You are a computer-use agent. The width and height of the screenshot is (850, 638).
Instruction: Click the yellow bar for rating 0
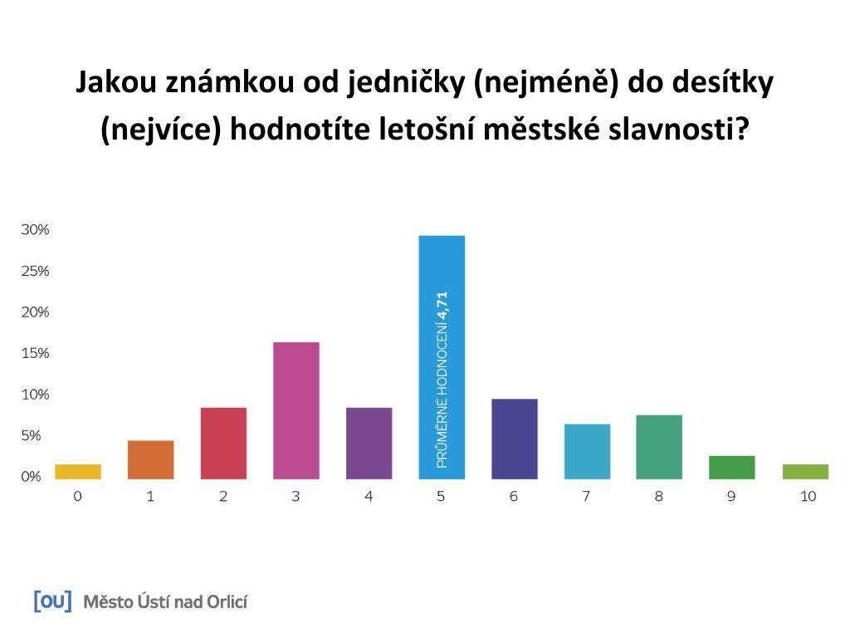[77, 472]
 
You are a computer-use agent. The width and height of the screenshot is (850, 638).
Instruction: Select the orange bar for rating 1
[151, 459]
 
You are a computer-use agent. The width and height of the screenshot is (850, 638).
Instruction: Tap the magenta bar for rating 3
[296, 410]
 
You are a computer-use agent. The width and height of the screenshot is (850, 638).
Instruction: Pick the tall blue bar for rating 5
[442, 357]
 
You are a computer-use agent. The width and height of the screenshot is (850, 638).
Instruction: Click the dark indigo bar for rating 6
[515, 439]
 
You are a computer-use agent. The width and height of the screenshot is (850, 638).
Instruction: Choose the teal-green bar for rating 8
[659, 447]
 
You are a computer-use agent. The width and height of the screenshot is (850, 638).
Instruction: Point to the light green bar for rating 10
[805, 472]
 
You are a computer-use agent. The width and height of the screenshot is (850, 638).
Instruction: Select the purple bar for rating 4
[369, 444]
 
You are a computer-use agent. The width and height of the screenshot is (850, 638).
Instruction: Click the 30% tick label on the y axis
[35, 229]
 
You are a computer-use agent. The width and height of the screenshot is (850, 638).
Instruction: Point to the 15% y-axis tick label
[35, 353]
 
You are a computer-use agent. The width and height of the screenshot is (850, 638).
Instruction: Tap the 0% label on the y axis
[31, 476]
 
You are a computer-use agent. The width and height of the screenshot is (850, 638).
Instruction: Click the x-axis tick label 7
[586, 496]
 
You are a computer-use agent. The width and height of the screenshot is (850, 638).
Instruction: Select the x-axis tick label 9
[731, 496]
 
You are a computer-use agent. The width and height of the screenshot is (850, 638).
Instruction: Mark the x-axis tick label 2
[222, 496]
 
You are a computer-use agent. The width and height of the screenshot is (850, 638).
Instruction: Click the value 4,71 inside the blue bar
[442, 306]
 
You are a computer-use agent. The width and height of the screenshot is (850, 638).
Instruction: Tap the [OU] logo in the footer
[52, 601]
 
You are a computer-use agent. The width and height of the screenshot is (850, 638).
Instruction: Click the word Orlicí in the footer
[227, 601]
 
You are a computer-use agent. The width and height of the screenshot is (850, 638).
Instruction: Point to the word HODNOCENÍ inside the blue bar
[442, 361]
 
